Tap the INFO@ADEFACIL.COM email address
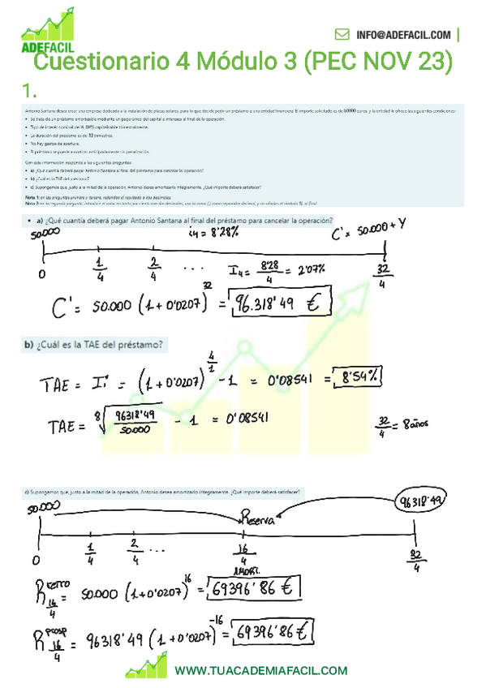[x=402, y=35]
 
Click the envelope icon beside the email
[x=342, y=35]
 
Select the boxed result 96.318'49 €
[x=281, y=303]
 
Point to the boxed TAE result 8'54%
[x=361, y=378]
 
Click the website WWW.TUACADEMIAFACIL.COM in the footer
[x=260, y=670]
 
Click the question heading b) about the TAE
[x=94, y=345]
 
